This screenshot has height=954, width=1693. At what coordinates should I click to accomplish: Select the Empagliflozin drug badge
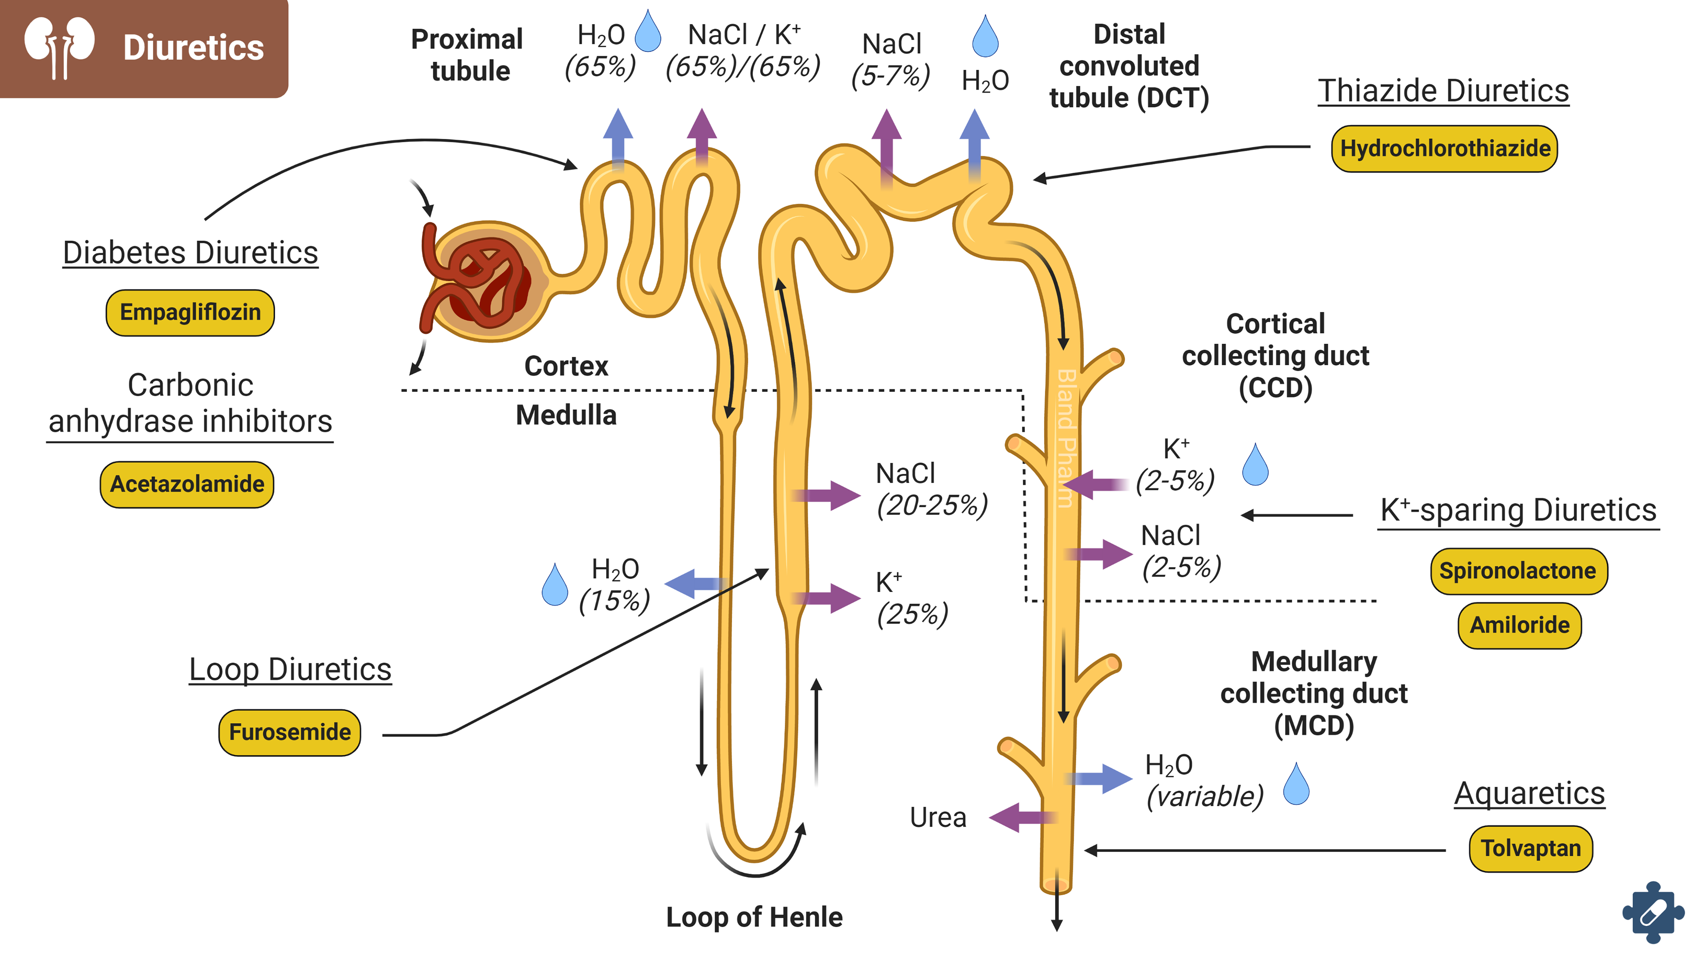pos(190,312)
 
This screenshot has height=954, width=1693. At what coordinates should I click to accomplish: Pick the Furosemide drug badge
pos(289,732)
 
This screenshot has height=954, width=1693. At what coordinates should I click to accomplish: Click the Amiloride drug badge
pos(1519,625)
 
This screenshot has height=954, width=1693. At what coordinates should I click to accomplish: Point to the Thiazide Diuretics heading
pos(1443,91)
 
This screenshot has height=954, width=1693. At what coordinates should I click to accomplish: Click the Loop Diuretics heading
pos(290,669)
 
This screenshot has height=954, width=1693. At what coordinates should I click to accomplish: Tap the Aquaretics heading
pos(1529,793)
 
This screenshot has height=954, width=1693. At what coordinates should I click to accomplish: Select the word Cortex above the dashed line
pos(566,366)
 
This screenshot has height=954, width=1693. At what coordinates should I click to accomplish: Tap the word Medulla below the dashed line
pos(566,415)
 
